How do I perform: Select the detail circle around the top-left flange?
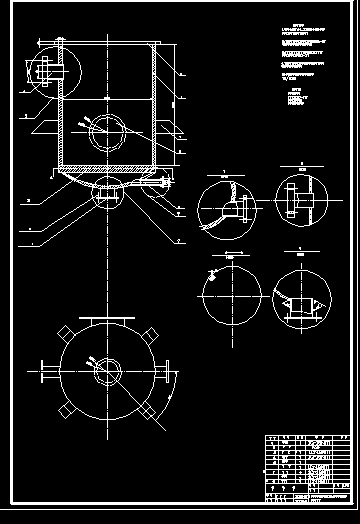[47, 73]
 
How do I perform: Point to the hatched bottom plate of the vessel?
[105, 165]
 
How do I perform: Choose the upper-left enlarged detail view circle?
[226, 208]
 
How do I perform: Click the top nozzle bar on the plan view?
[105, 320]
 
